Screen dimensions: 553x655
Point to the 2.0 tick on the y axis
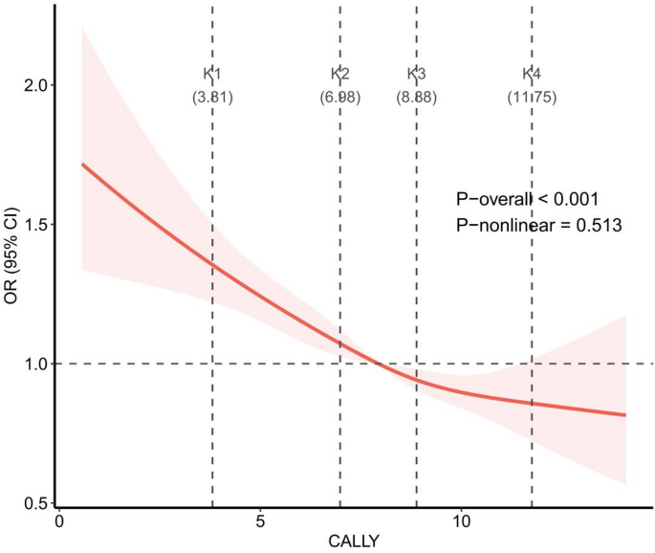[36, 85]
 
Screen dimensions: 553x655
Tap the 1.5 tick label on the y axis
[36, 225]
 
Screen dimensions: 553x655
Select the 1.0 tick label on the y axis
[36, 365]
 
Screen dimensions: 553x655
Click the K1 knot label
[212, 74]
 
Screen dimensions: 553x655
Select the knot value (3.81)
[212, 97]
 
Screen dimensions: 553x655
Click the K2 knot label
[339, 74]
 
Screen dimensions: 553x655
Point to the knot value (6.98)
[339, 97]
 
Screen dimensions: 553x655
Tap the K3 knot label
[416, 74]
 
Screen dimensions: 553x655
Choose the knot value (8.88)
[416, 97]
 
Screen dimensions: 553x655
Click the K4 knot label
[532, 74]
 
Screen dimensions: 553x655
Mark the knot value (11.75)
[532, 97]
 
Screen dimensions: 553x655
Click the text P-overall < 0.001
[527, 199]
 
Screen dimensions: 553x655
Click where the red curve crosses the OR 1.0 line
[380, 364]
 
